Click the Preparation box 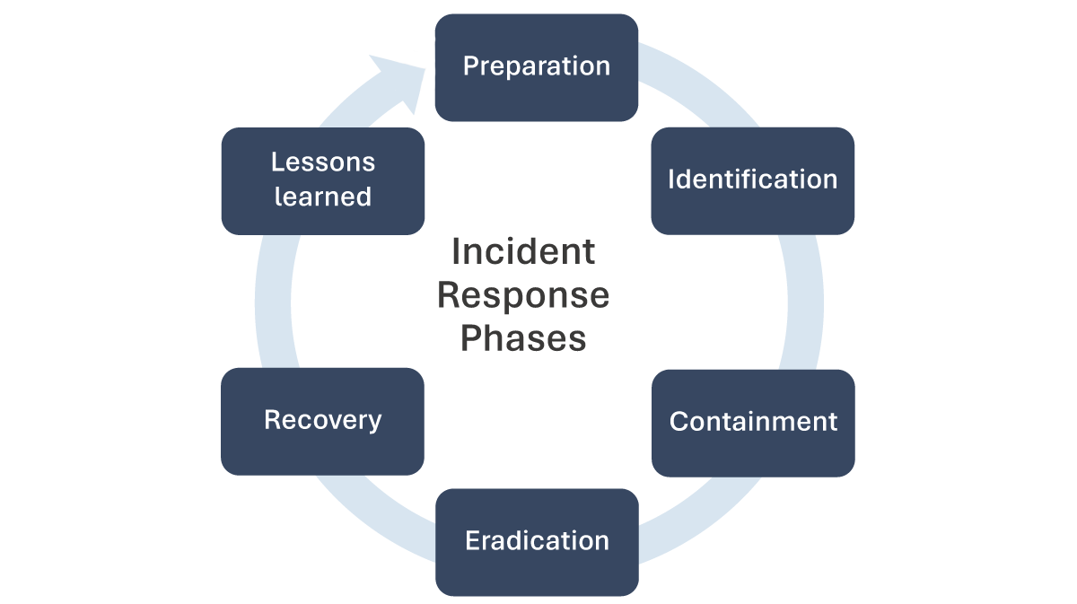pyautogui.click(x=537, y=67)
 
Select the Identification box pyautogui.click(x=752, y=179)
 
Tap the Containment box pyautogui.click(x=752, y=422)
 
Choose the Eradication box pyautogui.click(x=537, y=541)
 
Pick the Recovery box pyautogui.click(x=322, y=420)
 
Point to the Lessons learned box pyautogui.click(x=322, y=180)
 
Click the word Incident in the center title pyautogui.click(x=522, y=252)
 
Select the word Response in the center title pyautogui.click(x=522, y=295)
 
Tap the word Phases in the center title pyautogui.click(x=522, y=338)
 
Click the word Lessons pyautogui.click(x=323, y=162)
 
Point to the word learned pyautogui.click(x=323, y=197)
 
